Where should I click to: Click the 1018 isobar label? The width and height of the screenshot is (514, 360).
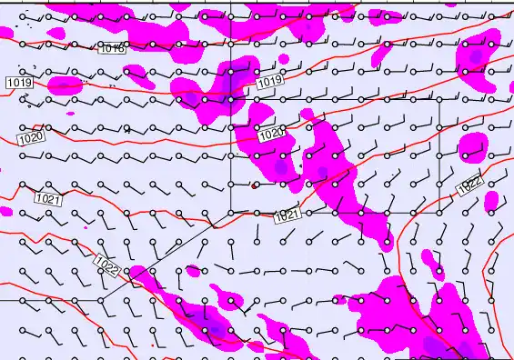tap(113, 49)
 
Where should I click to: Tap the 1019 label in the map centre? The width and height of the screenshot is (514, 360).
tap(269, 83)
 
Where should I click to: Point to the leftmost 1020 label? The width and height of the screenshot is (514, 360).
tap(30, 138)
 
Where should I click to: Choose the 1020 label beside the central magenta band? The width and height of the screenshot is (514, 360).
tap(271, 135)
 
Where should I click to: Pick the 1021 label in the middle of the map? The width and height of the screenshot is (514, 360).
tap(287, 216)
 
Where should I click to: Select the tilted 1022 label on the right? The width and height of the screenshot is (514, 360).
tap(469, 185)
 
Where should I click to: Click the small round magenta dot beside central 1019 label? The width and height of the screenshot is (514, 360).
tap(283, 60)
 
